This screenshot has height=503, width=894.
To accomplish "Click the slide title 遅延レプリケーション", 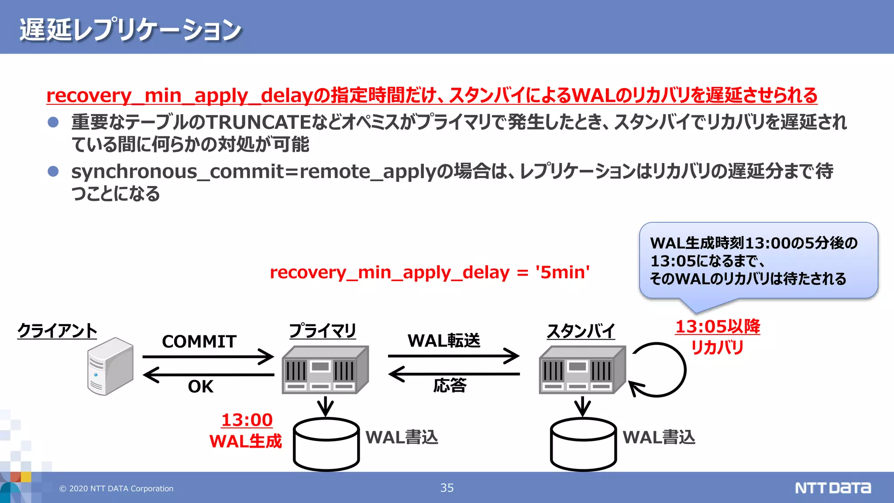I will [x=130, y=30].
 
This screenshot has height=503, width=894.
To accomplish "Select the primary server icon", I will [x=325, y=370].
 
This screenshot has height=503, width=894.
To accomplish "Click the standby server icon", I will [x=582, y=370].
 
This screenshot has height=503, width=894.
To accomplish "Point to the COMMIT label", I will [x=199, y=341].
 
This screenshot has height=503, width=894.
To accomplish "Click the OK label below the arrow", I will [x=200, y=386].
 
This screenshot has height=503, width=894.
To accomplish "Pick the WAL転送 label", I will [x=444, y=341].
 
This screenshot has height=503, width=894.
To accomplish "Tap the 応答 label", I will [x=450, y=386].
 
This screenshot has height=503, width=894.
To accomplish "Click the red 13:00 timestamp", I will [x=247, y=420].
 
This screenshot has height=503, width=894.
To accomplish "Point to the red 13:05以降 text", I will [x=717, y=327].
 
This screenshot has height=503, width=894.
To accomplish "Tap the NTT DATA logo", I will [x=832, y=488].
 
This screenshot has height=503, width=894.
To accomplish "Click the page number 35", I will [x=447, y=488].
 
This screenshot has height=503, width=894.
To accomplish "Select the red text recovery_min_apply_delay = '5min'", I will [x=430, y=272].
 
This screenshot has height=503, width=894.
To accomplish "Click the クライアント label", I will [x=57, y=331].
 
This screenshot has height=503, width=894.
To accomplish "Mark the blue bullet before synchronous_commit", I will [x=53, y=171].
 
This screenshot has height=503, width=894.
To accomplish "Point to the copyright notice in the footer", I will [x=117, y=489].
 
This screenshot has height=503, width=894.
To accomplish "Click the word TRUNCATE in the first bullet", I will [x=258, y=122].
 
